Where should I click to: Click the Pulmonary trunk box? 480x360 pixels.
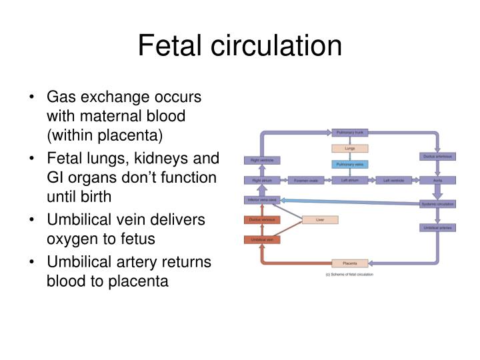tap(349, 133)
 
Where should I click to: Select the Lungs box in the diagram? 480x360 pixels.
tap(349, 148)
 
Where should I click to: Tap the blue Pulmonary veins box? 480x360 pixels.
tap(349, 164)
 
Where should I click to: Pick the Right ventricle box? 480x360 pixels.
tap(261, 161)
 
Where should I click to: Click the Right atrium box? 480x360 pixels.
tap(261, 180)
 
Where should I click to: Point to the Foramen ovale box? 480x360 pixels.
tap(306, 180)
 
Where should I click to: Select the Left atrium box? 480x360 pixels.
tap(349, 180)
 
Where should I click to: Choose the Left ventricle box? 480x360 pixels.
tap(395, 180)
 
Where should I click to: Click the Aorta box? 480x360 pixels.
tap(438, 180)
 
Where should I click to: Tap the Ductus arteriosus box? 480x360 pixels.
tap(438, 157)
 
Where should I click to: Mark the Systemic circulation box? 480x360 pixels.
tap(438, 204)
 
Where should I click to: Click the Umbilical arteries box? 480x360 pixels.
tap(438, 227)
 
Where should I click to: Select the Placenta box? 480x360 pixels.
tap(349, 263)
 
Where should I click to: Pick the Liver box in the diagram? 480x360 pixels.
tap(319, 219)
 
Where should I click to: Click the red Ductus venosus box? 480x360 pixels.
tap(261, 219)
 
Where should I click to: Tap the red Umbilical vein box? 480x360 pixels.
tap(261, 239)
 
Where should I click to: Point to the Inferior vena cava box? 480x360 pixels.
tap(261, 199)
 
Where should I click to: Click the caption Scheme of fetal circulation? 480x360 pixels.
tap(349, 275)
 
